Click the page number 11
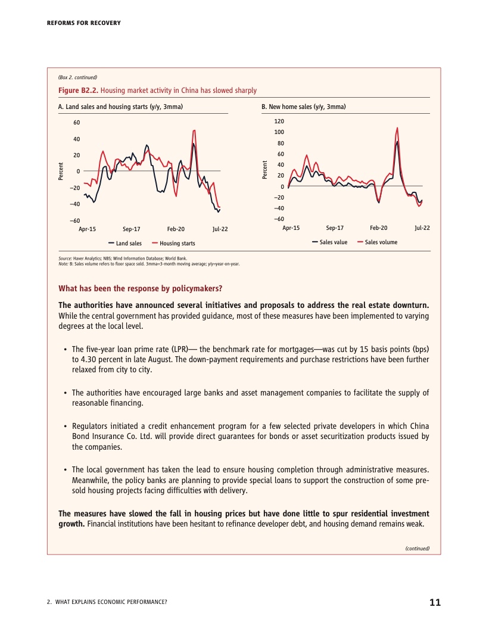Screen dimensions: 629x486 (x=435, y=602)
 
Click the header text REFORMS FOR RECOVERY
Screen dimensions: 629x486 (x=83, y=23)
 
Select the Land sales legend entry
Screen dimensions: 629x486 (x=125, y=243)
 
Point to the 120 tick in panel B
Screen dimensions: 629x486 (x=279, y=121)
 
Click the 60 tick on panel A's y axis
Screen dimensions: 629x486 (x=76, y=123)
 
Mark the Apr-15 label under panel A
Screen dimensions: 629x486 (x=88, y=229)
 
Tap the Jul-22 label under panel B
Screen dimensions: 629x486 (x=422, y=228)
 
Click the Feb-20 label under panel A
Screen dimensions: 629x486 (x=176, y=229)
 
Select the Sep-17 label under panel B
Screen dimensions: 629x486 (x=335, y=228)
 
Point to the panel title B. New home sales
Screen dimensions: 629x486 (x=304, y=107)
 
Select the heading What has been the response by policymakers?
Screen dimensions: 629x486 (x=140, y=289)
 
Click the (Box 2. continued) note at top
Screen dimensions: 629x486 (x=77, y=77)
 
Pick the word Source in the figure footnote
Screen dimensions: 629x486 (x=65, y=259)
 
